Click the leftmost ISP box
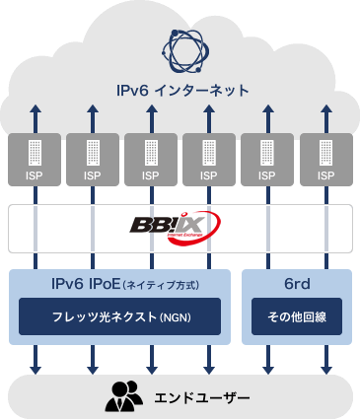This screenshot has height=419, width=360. [x=36, y=161]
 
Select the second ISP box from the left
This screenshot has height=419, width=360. [x=94, y=161]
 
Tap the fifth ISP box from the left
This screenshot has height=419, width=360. [x=267, y=161]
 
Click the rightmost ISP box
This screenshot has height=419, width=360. [x=325, y=161]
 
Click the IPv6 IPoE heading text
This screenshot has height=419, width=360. [x=119, y=284]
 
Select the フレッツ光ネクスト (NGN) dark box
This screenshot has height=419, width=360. [x=119, y=318]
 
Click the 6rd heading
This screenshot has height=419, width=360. [x=296, y=284]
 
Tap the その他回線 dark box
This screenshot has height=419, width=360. [x=296, y=318]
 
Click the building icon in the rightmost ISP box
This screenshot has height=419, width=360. [x=325, y=153]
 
